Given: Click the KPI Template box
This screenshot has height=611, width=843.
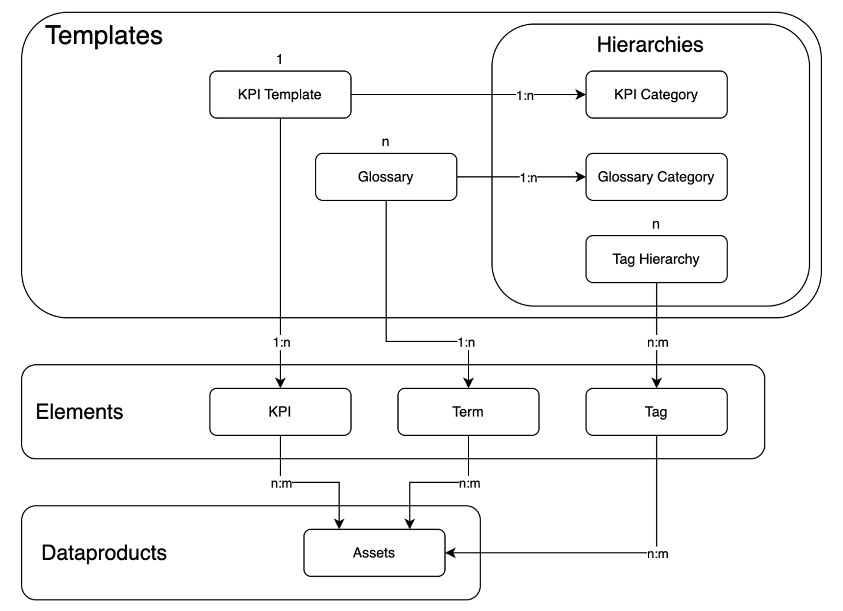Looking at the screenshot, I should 280,95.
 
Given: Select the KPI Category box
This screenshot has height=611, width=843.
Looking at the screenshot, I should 656,95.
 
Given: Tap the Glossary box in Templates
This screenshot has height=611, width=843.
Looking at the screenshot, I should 385,177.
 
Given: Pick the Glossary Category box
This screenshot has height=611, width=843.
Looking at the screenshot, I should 656,177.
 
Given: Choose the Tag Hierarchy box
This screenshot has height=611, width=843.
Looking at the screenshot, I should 656,259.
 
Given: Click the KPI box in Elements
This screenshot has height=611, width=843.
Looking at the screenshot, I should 280,412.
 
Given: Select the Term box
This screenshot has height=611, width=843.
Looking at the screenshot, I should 468,412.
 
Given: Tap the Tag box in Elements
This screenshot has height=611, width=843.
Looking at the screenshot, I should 656,412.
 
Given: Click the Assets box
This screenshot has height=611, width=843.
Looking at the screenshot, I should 374,553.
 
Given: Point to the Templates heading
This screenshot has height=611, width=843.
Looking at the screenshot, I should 104,36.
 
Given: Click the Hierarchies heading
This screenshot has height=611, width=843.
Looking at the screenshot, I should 650,45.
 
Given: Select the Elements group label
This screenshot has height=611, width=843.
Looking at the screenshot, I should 79,412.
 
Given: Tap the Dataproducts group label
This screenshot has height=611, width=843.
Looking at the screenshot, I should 104,553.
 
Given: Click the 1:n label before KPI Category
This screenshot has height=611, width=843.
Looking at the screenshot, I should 524,95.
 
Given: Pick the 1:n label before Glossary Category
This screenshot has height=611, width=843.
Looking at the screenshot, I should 528,178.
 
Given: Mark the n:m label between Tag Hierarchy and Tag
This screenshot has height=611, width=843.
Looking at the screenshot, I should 657,343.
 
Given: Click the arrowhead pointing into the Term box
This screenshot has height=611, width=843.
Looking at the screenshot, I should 468,382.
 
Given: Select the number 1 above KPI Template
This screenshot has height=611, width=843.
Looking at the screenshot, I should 279,59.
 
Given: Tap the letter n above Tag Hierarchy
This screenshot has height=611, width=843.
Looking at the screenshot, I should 656,225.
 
